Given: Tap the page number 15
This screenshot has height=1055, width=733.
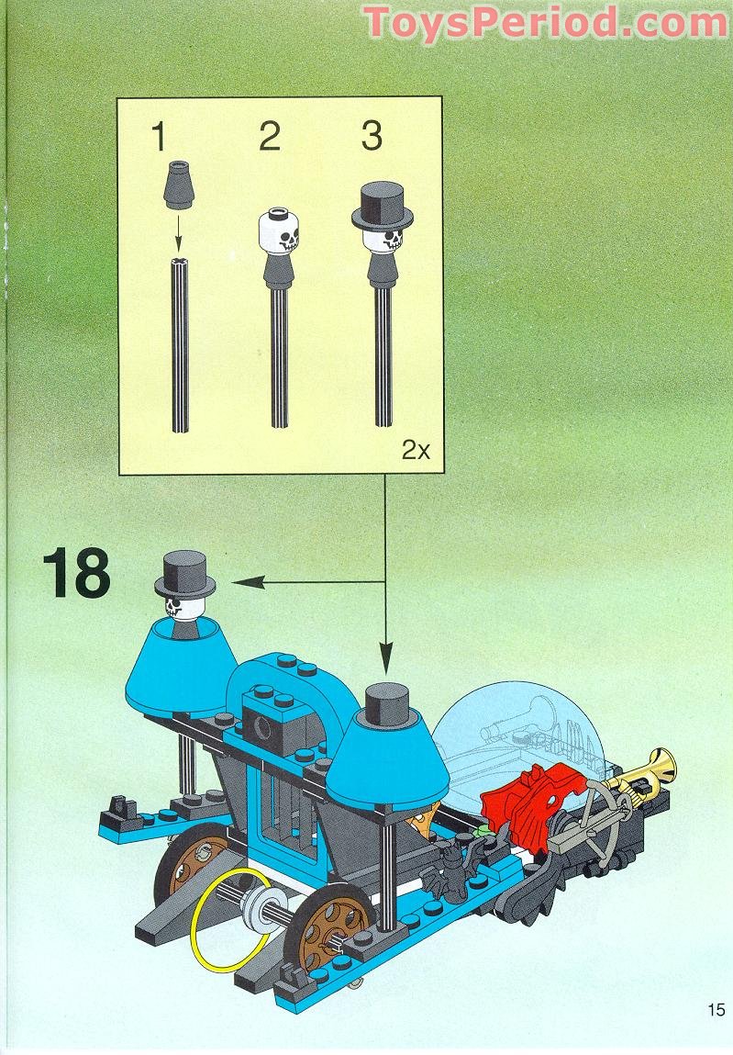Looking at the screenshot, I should tap(716, 1010).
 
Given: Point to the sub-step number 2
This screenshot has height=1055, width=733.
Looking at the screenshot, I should tap(269, 138).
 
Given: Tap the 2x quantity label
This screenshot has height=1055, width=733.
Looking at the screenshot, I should tap(416, 451).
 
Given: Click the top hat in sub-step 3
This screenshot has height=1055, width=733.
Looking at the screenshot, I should tap(382, 206).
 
